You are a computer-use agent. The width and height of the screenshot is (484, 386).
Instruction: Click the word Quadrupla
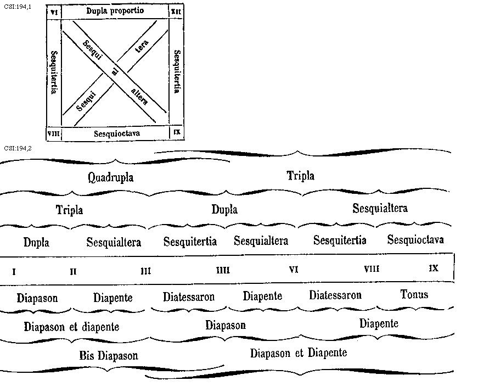click(110, 177)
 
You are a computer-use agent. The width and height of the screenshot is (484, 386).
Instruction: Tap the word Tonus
click(414, 294)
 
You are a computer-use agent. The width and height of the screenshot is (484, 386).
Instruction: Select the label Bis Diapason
click(109, 355)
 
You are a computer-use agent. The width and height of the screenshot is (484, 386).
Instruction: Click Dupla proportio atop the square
click(115, 11)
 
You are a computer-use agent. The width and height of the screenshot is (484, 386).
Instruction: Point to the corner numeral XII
click(176, 11)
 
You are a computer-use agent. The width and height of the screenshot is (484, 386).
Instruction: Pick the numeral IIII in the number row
click(223, 270)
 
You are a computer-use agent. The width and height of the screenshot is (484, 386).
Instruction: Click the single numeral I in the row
click(14, 271)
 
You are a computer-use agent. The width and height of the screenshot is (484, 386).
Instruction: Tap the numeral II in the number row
click(73, 271)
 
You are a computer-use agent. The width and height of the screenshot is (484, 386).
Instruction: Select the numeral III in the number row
click(145, 271)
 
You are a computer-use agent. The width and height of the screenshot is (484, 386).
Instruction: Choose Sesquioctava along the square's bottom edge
click(117, 133)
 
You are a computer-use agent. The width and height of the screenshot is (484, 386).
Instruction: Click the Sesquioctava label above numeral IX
click(415, 240)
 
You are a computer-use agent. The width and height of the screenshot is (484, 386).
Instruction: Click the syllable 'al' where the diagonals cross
click(115, 70)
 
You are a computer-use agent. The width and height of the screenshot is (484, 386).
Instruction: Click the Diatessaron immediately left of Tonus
click(335, 295)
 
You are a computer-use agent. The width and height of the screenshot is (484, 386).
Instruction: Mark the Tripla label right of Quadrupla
click(301, 176)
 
